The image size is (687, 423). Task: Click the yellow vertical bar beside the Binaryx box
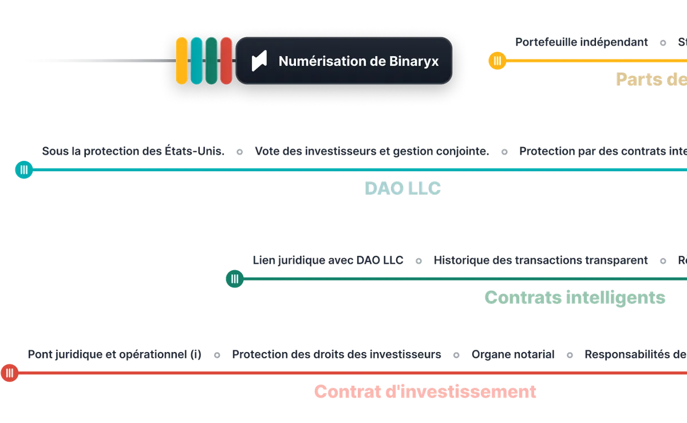181,61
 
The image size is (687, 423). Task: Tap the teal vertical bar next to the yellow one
196,61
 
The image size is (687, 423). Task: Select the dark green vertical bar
211,61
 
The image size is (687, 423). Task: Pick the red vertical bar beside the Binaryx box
226,61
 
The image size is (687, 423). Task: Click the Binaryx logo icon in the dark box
259,61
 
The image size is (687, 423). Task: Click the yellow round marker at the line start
496,60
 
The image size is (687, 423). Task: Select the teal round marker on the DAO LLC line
23,170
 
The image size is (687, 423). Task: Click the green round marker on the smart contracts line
235,279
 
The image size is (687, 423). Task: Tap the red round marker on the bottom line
10,373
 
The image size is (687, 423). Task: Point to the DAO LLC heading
403,188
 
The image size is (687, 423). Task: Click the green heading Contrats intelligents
575,298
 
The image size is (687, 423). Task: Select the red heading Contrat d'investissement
425,392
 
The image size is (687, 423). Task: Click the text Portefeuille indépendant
581,42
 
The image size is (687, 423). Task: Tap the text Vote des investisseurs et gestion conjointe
372,152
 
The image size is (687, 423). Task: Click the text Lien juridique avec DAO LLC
329,260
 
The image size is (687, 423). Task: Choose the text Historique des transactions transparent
540,260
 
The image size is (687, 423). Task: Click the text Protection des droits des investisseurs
337,355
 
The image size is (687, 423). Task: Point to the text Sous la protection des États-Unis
132,152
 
